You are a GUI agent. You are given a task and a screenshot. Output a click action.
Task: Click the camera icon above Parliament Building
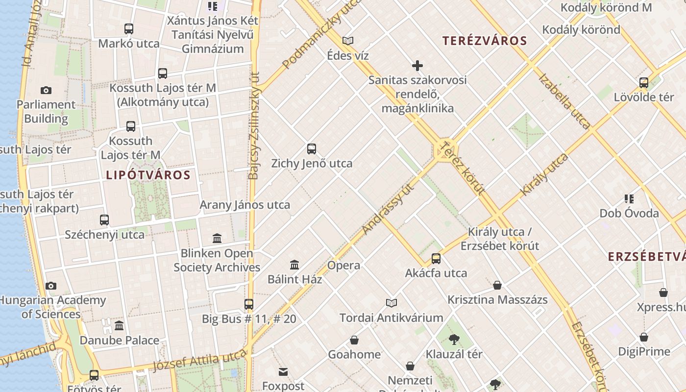pyautogui.click(x=46, y=90)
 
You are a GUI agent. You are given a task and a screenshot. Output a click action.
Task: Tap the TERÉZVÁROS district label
pyautogui.click(x=485, y=41)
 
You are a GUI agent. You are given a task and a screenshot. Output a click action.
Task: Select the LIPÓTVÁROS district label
pyautogui.click(x=148, y=175)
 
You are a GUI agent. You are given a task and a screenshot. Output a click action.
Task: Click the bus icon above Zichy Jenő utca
pyautogui.click(x=312, y=149)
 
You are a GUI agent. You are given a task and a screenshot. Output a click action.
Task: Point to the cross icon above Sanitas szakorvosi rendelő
pyautogui.click(x=417, y=66)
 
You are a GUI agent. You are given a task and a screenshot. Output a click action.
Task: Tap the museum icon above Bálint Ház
pyautogui.click(x=294, y=265)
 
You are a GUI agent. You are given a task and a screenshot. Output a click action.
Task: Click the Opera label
pyautogui.click(x=343, y=266)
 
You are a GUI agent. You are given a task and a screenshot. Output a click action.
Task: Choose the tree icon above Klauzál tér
pyautogui.click(x=454, y=339)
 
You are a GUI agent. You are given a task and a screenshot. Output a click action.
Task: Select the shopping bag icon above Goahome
pyautogui.click(x=354, y=340)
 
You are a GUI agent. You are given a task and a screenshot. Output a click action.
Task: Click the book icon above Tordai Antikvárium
pyautogui.click(x=391, y=303)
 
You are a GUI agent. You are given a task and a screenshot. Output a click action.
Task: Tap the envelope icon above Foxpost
pyautogui.click(x=283, y=372)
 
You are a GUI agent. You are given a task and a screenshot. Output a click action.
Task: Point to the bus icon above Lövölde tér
pyautogui.click(x=644, y=82)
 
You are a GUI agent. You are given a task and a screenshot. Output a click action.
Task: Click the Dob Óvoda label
pyautogui.click(x=629, y=214)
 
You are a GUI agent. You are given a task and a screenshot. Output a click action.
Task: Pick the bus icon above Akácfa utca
pyautogui.click(x=436, y=259)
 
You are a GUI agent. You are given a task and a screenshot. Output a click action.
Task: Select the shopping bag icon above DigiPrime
pyautogui.click(x=644, y=337)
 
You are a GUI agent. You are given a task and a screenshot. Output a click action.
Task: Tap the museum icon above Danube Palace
pyautogui.click(x=119, y=326)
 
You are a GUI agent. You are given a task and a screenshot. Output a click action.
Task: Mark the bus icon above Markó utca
pyautogui.click(x=129, y=29)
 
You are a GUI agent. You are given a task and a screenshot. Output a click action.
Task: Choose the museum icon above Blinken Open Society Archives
pyautogui.click(x=217, y=239)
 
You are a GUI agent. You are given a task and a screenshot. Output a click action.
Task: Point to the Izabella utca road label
pyautogui.click(x=564, y=101)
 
